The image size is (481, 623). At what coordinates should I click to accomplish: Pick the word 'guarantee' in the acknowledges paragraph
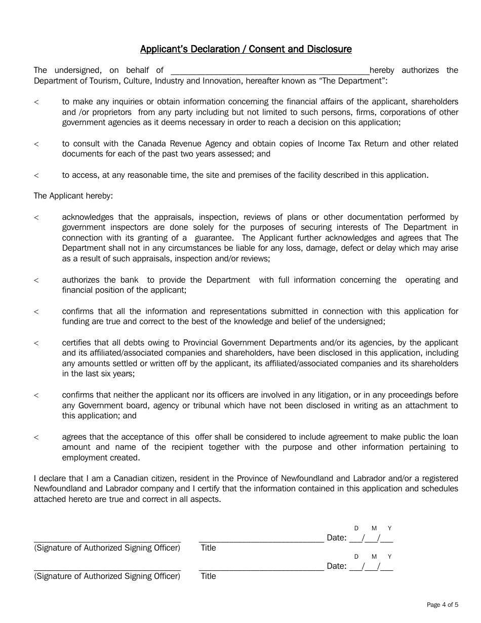point(214,238)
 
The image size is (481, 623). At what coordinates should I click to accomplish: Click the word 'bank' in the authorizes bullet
point(129,280)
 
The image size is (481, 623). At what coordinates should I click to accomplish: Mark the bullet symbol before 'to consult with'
point(36,144)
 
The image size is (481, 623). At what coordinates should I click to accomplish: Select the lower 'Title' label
point(208,576)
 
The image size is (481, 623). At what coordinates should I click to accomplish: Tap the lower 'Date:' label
point(337,566)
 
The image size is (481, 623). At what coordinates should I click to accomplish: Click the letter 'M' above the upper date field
point(374,528)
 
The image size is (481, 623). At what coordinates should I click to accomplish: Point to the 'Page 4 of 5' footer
point(443,604)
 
